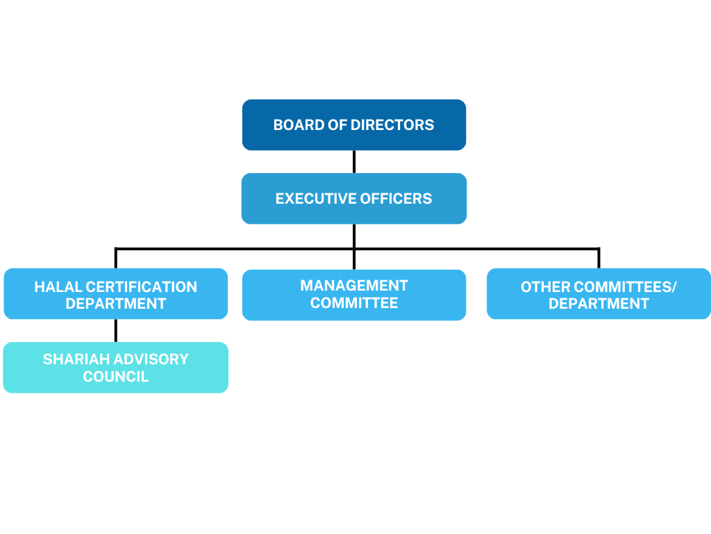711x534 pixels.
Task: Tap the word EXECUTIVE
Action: (312, 199)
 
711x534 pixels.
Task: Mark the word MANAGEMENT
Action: (354, 286)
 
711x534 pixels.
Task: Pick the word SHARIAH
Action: (72, 359)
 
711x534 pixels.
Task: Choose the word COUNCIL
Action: (116, 377)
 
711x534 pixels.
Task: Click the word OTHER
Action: (544, 287)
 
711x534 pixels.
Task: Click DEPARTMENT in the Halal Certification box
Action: (116, 304)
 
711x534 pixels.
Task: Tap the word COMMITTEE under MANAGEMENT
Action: (354, 303)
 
